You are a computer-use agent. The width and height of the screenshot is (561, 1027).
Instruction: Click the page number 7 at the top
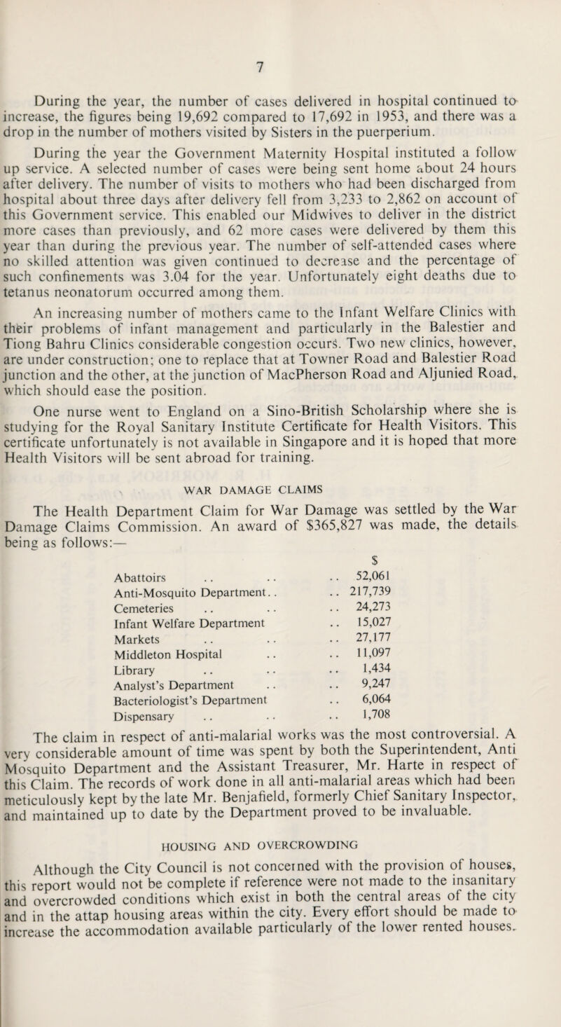pyautogui.click(x=279, y=66)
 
